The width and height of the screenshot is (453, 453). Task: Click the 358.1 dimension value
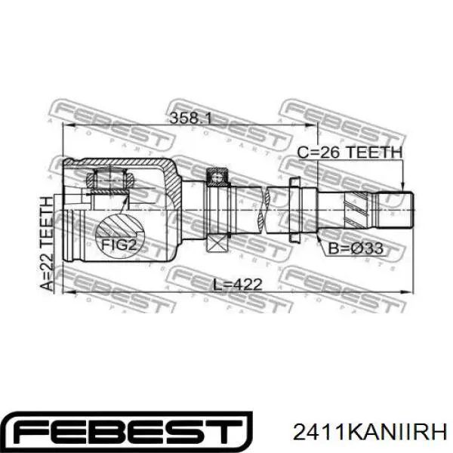191,118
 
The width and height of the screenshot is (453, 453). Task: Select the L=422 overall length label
238,284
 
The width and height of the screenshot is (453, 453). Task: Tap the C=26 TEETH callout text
350,153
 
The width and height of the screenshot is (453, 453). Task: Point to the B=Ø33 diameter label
356,248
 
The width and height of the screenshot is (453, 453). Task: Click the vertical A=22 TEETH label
47,243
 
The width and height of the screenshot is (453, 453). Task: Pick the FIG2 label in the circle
119,245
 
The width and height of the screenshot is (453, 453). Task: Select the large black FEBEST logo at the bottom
127,432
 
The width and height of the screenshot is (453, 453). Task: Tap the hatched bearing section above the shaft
217,177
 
